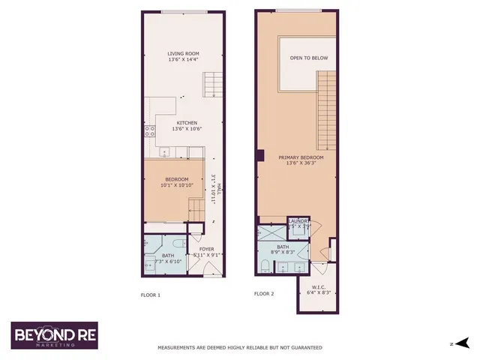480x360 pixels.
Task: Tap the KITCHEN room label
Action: [187, 122]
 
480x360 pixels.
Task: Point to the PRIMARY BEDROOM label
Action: [301, 157]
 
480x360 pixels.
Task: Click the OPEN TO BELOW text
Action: [308, 58]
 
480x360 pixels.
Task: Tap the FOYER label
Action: [206, 249]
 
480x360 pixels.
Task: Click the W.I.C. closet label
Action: [319, 286]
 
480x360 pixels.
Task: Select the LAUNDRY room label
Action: [299, 220]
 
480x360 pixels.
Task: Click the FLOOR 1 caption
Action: [151, 295]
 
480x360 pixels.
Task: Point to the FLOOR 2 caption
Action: [264, 294]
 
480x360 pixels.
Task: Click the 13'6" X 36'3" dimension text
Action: [301, 164]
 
